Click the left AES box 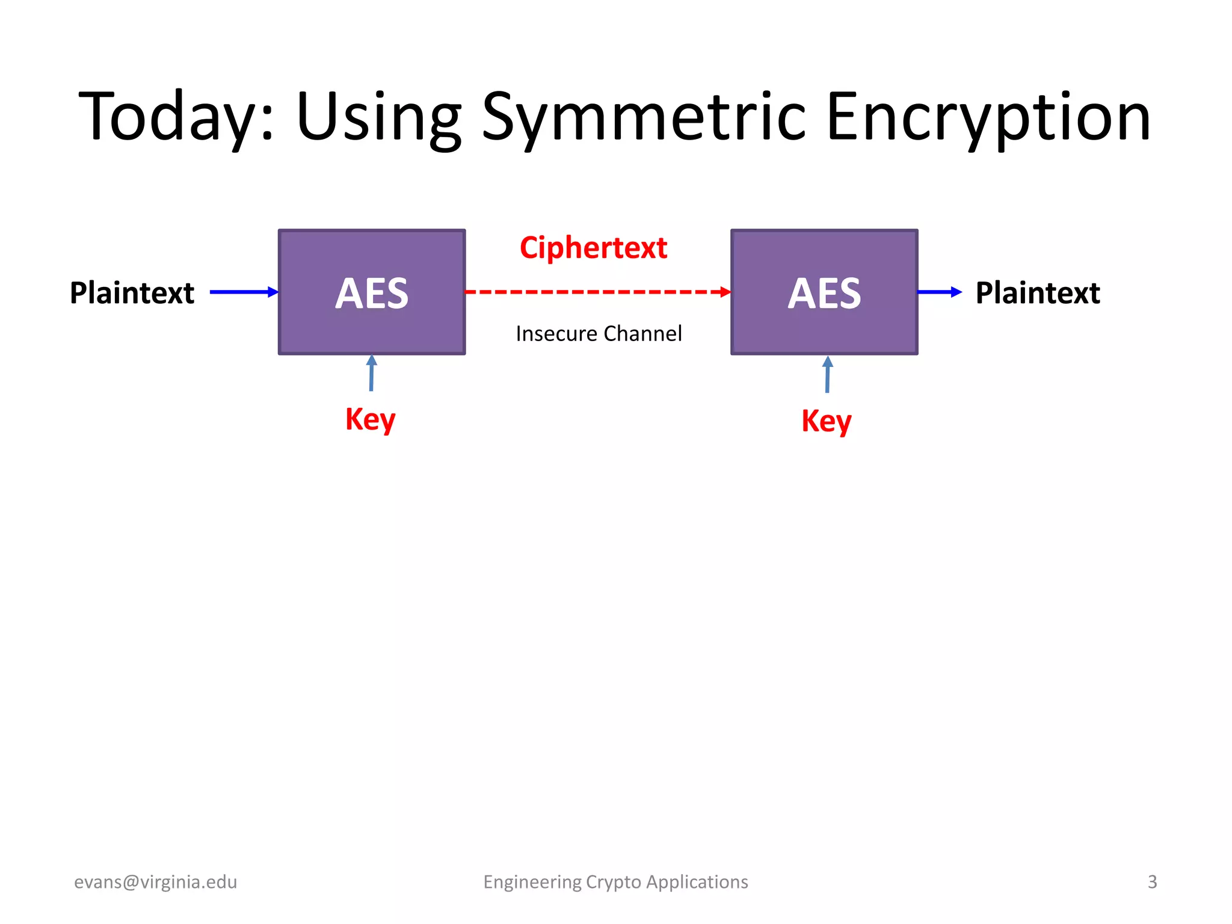click(372, 292)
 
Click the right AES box click(824, 292)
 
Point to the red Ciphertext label click(593, 248)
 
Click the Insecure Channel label click(599, 333)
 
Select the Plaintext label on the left click(132, 293)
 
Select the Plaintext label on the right click(1038, 293)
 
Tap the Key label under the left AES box click(370, 419)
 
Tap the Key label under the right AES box click(826, 421)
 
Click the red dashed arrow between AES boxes click(598, 292)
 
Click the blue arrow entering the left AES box click(244, 292)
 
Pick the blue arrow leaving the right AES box click(939, 292)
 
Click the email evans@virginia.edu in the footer click(155, 882)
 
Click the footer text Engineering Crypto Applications click(615, 882)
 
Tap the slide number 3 click(1152, 882)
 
